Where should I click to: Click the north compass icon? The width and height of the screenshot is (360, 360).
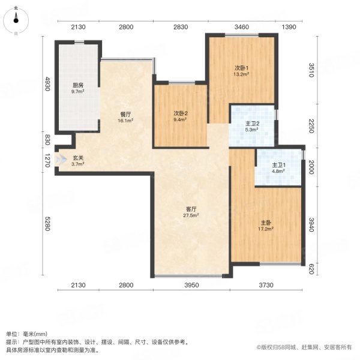click(16, 20)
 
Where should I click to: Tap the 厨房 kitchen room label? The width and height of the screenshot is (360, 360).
click(78, 85)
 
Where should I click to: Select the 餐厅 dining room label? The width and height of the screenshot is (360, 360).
click(125, 115)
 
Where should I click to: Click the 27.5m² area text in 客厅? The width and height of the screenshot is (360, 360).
click(191, 215)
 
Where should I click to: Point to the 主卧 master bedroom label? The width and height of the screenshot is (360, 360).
click(266, 223)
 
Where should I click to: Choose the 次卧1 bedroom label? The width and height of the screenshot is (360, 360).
click(241, 68)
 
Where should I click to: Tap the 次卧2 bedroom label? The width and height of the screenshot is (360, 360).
click(181, 113)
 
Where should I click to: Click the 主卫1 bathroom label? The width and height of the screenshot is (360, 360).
click(279, 165)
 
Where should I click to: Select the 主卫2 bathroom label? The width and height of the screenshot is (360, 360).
click(253, 124)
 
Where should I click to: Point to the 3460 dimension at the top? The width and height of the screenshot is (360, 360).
click(242, 27)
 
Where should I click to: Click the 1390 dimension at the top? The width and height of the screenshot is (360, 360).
click(289, 27)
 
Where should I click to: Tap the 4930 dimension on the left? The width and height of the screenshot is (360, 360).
click(47, 84)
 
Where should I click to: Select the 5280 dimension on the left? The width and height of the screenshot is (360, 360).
click(47, 224)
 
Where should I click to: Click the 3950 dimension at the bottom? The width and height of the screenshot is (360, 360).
click(191, 285)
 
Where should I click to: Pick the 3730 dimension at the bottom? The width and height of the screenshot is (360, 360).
click(266, 285)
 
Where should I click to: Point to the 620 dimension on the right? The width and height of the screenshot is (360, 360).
click(311, 269)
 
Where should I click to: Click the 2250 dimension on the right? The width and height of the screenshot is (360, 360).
click(311, 126)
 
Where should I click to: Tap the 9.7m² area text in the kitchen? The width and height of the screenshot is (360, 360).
click(78, 91)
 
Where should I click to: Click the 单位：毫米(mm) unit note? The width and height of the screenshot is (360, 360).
click(26, 334)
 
